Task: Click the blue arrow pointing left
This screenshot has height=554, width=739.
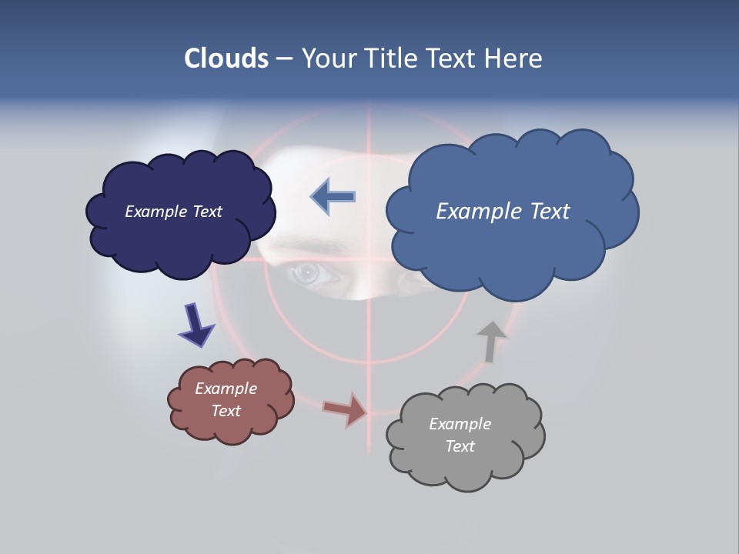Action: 333,196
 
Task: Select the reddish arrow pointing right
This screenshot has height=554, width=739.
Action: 346,409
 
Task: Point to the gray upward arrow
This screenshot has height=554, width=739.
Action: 490,341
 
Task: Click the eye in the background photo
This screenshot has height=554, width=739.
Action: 307,272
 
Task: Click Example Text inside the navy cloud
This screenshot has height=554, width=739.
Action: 173,212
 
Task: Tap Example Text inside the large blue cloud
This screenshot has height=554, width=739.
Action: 503,212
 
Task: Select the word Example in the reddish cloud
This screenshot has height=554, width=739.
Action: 226,389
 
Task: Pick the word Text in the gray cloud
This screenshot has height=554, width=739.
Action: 460,446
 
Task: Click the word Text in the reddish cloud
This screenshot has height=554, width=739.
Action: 226,411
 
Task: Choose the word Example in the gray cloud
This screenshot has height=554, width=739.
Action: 460,424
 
